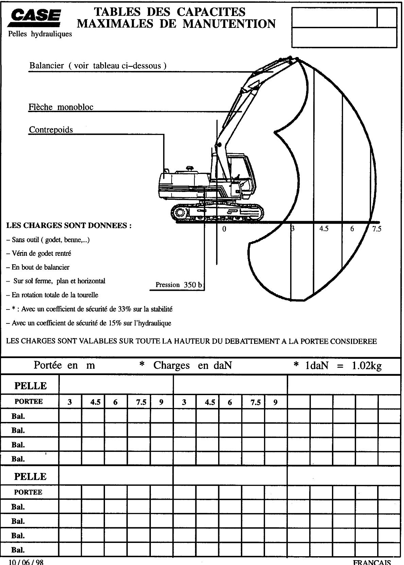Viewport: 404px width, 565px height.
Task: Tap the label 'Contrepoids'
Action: coord(51,129)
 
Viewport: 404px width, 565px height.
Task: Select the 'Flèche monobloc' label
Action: coord(61,107)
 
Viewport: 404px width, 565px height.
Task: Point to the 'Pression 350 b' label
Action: coord(178,285)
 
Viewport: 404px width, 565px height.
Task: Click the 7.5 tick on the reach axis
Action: coord(377,229)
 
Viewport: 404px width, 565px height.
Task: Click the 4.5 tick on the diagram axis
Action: coord(324,229)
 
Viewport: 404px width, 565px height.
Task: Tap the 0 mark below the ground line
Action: coord(224,229)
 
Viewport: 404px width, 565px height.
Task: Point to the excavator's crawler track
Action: coord(217,212)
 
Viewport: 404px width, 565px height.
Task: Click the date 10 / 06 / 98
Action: coord(26,562)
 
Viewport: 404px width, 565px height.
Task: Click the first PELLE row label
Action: coord(30,386)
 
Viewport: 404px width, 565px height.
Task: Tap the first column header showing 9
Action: coord(161,402)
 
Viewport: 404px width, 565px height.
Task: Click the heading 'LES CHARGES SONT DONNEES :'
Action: coord(69,226)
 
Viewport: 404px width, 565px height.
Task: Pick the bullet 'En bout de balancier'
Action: coord(40,267)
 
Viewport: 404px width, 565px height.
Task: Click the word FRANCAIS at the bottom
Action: coord(372,562)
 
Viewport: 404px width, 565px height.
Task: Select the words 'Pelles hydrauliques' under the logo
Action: coord(40,34)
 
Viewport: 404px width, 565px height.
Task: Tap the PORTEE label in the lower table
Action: coord(28,492)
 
